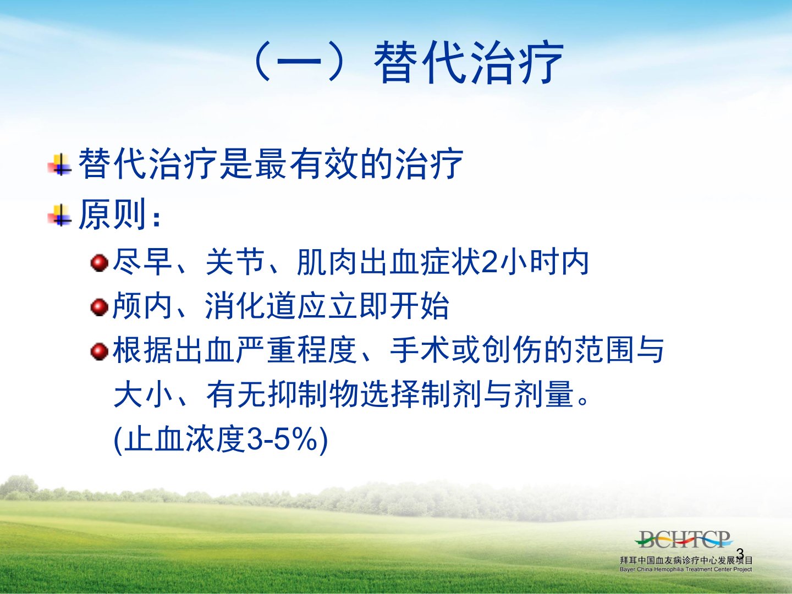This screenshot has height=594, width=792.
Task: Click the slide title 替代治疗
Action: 469,63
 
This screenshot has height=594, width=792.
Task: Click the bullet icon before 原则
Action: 59,215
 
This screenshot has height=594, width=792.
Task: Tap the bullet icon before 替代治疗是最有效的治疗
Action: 59,164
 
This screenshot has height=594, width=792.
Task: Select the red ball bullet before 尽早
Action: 99,262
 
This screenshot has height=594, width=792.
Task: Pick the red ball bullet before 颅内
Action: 99,307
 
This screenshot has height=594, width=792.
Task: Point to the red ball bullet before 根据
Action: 99,351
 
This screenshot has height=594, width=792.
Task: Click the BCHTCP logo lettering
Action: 684,539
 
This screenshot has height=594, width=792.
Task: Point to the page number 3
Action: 740,553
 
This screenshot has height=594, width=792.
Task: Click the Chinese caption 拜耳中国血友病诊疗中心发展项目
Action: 686,560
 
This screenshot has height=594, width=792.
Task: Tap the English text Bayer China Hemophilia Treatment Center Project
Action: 686,569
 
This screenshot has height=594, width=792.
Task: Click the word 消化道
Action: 251,306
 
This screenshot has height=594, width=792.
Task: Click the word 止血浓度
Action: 185,440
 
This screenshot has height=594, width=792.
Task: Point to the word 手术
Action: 420,350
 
